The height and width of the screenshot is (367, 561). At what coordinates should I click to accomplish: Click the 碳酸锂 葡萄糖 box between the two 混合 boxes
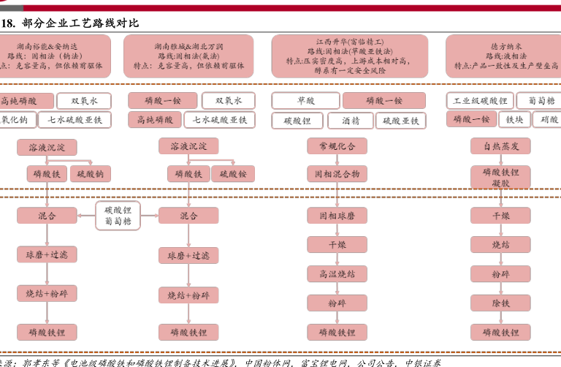click(x=118, y=214)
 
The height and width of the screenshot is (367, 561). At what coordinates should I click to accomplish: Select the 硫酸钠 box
click(x=90, y=174)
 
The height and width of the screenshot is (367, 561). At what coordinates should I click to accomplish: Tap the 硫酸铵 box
click(x=233, y=174)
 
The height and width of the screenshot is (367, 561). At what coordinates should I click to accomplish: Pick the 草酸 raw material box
click(x=306, y=101)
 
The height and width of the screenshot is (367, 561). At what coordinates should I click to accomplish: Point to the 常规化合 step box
click(x=337, y=146)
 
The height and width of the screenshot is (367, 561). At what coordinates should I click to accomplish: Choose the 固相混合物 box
click(x=337, y=174)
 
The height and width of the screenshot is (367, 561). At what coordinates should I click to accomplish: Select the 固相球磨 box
click(x=337, y=216)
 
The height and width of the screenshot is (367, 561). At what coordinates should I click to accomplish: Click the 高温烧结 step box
click(x=337, y=273)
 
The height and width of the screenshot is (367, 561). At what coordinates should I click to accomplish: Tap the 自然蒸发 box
click(x=500, y=146)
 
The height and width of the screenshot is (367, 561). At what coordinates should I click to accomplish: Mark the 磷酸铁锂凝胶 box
click(x=500, y=177)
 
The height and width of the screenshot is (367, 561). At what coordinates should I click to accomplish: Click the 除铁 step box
click(x=500, y=303)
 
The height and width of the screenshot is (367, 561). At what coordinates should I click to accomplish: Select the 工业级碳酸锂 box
click(x=480, y=101)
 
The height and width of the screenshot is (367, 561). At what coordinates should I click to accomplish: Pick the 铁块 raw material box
click(x=514, y=120)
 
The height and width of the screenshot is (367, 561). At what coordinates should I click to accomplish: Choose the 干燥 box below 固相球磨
click(x=337, y=244)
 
